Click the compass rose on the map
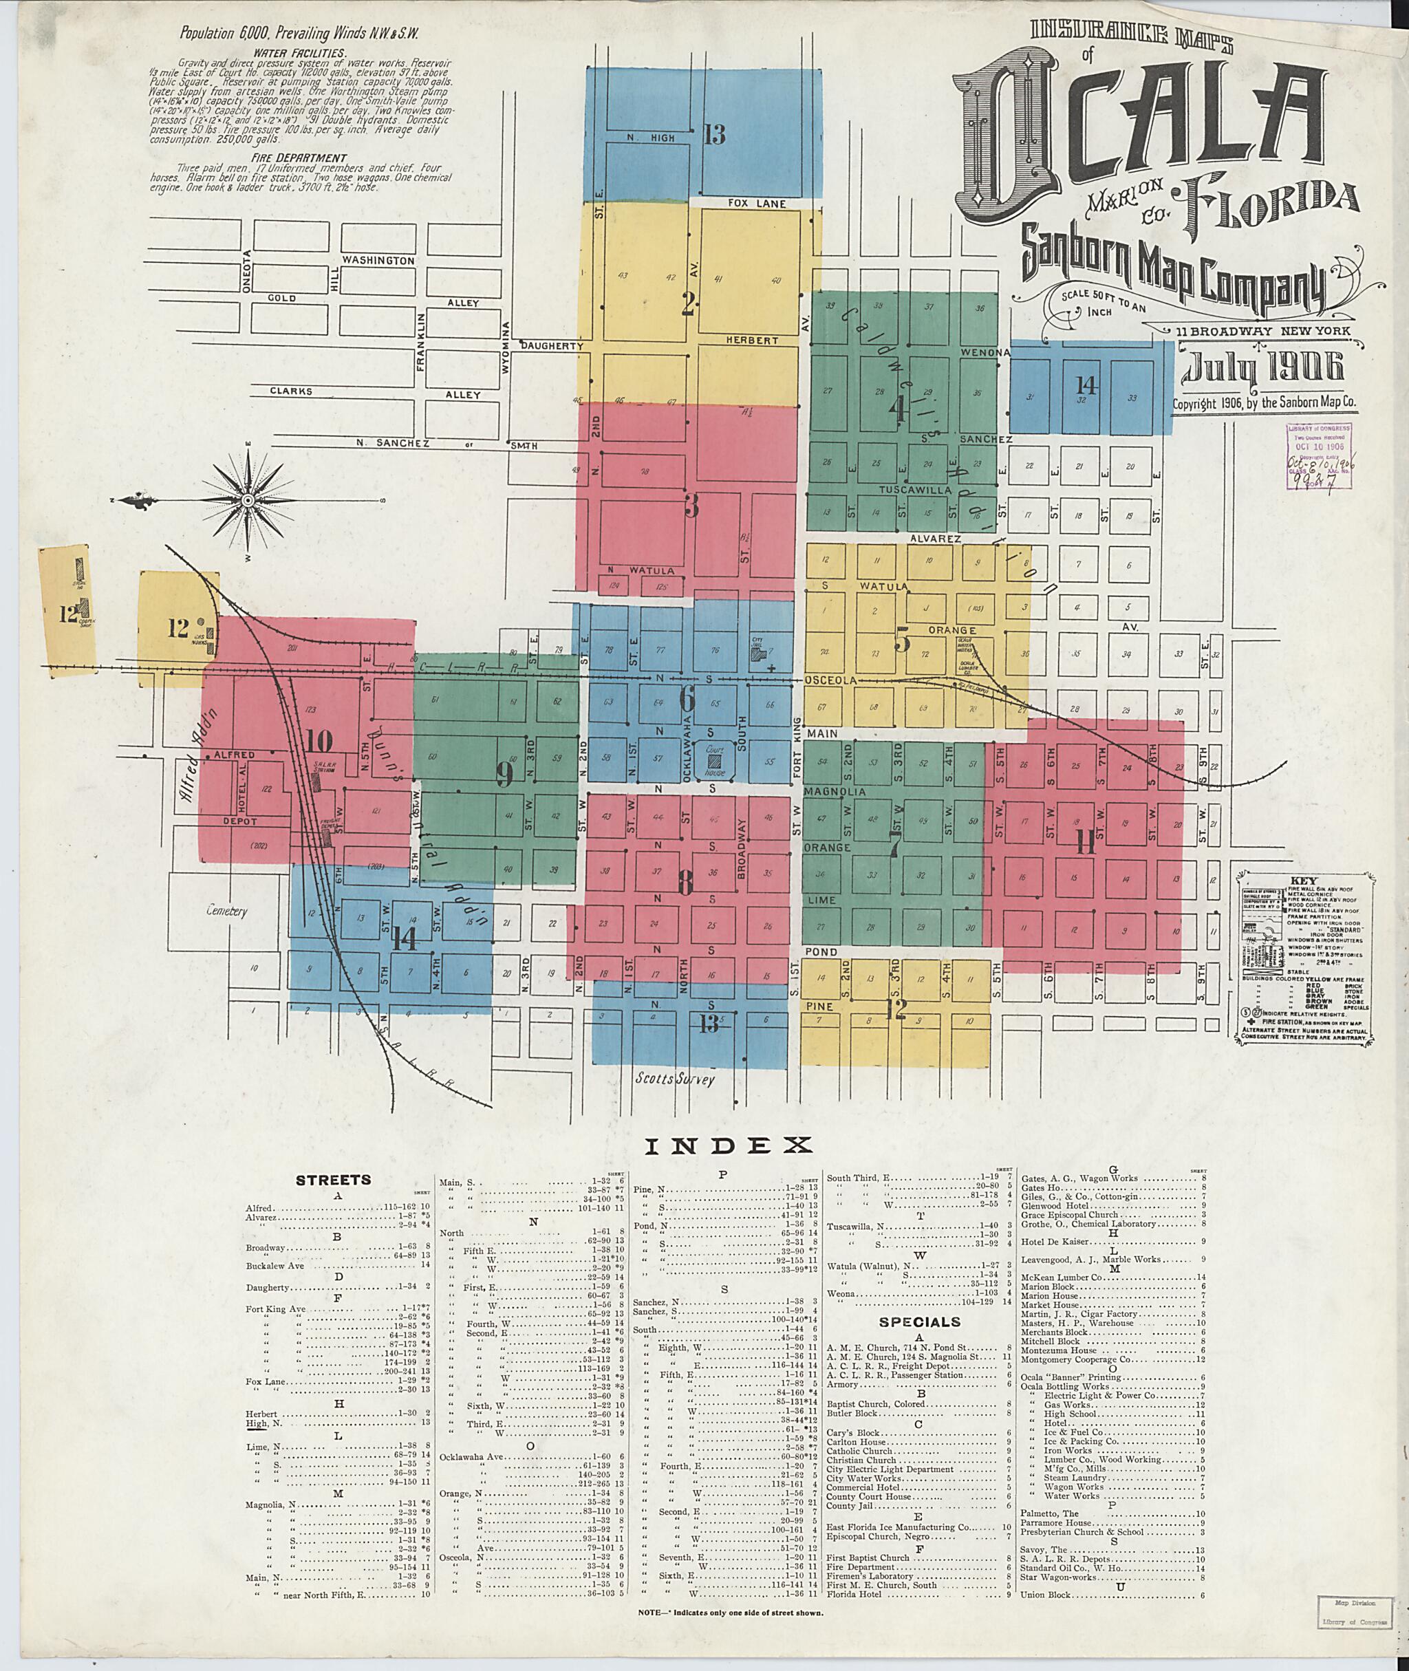pyautogui.click(x=248, y=500)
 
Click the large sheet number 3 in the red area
pyautogui.click(x=691, y=506)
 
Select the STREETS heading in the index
pyautogui.click(x=333, y=1179)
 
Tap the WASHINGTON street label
pyautogui.click(x=378, y=261)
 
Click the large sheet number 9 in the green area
pyautogui.click(x=504, y=775)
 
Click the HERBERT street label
pyautogui.click(x=751, y=341)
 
